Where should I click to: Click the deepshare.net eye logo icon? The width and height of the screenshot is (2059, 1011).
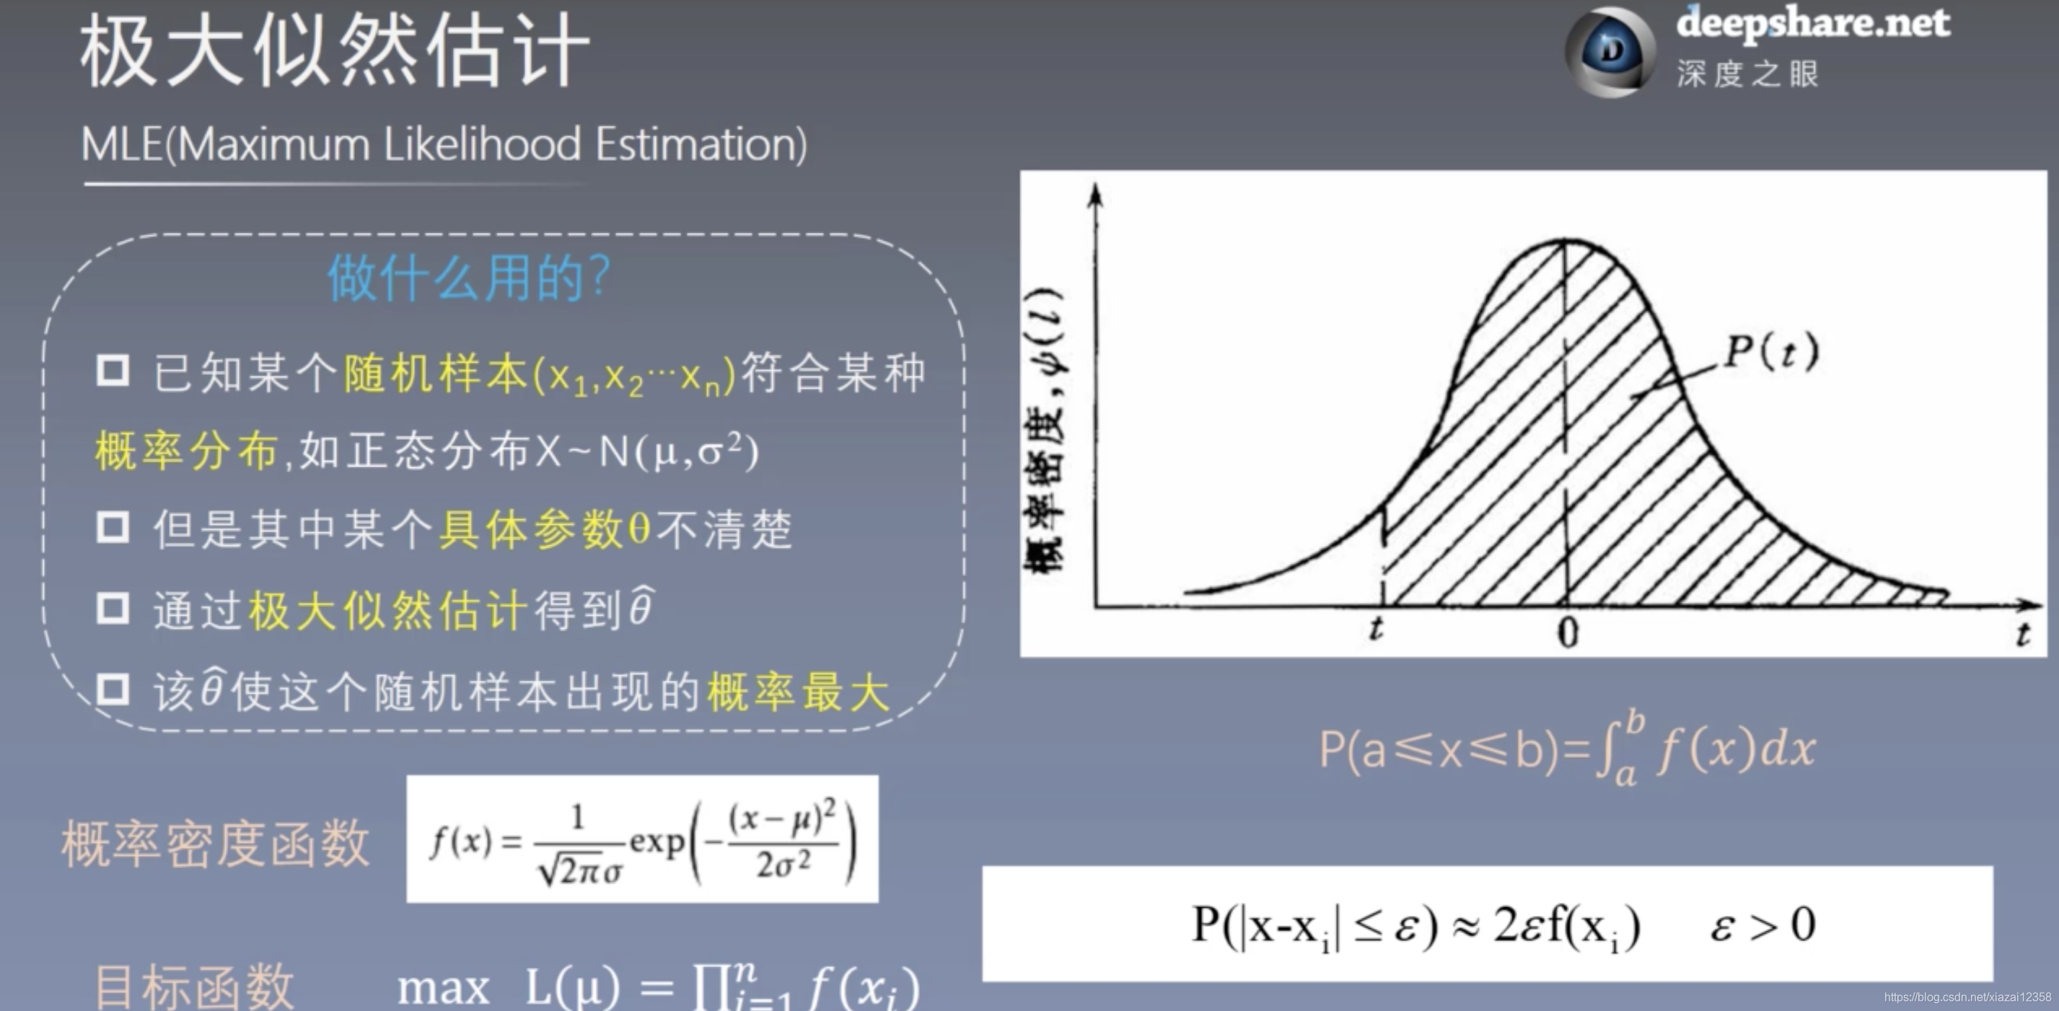point(1610,52)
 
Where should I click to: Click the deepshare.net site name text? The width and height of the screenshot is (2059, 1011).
point(1813,22)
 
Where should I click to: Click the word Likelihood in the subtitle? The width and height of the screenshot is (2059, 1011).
point(482,145)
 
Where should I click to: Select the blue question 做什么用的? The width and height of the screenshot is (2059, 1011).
point(468,278)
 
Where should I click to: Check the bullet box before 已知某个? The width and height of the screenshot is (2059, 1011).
point(113,370)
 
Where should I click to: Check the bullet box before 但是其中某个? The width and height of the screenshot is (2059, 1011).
point(113,527)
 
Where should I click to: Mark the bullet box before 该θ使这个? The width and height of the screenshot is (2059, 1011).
point(113,689)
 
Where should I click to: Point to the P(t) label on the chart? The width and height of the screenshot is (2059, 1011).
point(1771,351)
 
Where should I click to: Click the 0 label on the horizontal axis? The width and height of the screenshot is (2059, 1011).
point(1568,633)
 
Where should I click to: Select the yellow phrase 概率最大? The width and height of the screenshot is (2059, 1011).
point(799,692)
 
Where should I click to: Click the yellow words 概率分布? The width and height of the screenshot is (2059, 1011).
point(186,451)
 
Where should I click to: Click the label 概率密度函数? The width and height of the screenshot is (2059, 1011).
point(216,843)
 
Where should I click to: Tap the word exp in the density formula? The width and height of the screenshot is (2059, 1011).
point(657,842)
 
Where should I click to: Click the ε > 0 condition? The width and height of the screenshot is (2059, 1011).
point(1762,924)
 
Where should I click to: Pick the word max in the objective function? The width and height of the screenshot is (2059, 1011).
point(444,988)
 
